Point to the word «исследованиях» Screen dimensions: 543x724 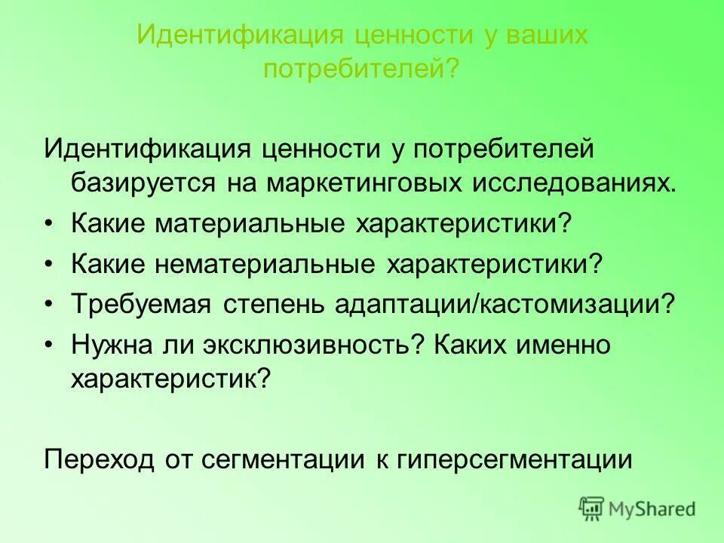tap(575, 183)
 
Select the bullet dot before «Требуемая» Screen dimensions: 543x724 tap(50, 305)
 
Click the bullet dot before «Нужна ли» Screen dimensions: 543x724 tap(50, 345)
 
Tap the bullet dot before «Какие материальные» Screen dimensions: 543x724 tap(50, 224)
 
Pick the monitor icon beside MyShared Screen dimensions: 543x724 tap(591, 508)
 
